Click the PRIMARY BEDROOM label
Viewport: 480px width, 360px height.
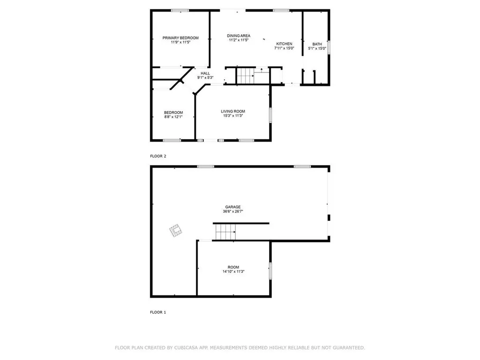coord(180,37)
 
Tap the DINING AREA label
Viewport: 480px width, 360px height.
coord(239,36)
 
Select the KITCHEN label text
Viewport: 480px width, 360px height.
coord(284,44)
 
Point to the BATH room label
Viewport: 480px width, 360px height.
coord(317,44)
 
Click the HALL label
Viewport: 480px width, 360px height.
coord(205,73)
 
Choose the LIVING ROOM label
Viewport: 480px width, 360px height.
coord(233,111)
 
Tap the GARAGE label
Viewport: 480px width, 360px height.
coord(233,207)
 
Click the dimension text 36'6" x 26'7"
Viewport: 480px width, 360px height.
coord(233,211)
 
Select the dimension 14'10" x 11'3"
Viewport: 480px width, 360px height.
coord(233,271)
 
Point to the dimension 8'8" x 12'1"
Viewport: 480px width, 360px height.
coord(173,117)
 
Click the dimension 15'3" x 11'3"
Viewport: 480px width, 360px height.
coord(233,116)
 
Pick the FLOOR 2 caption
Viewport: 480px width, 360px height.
coord(158,156)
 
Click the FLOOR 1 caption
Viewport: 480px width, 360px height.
coord(158,312)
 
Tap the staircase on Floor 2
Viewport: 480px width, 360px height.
coord(244,75)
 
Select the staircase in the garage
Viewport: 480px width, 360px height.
coord(225,232)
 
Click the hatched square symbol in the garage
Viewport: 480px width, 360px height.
coord(176,231)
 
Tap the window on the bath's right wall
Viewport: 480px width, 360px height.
coord(329,47)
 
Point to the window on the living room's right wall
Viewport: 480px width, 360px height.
coord(270,115)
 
